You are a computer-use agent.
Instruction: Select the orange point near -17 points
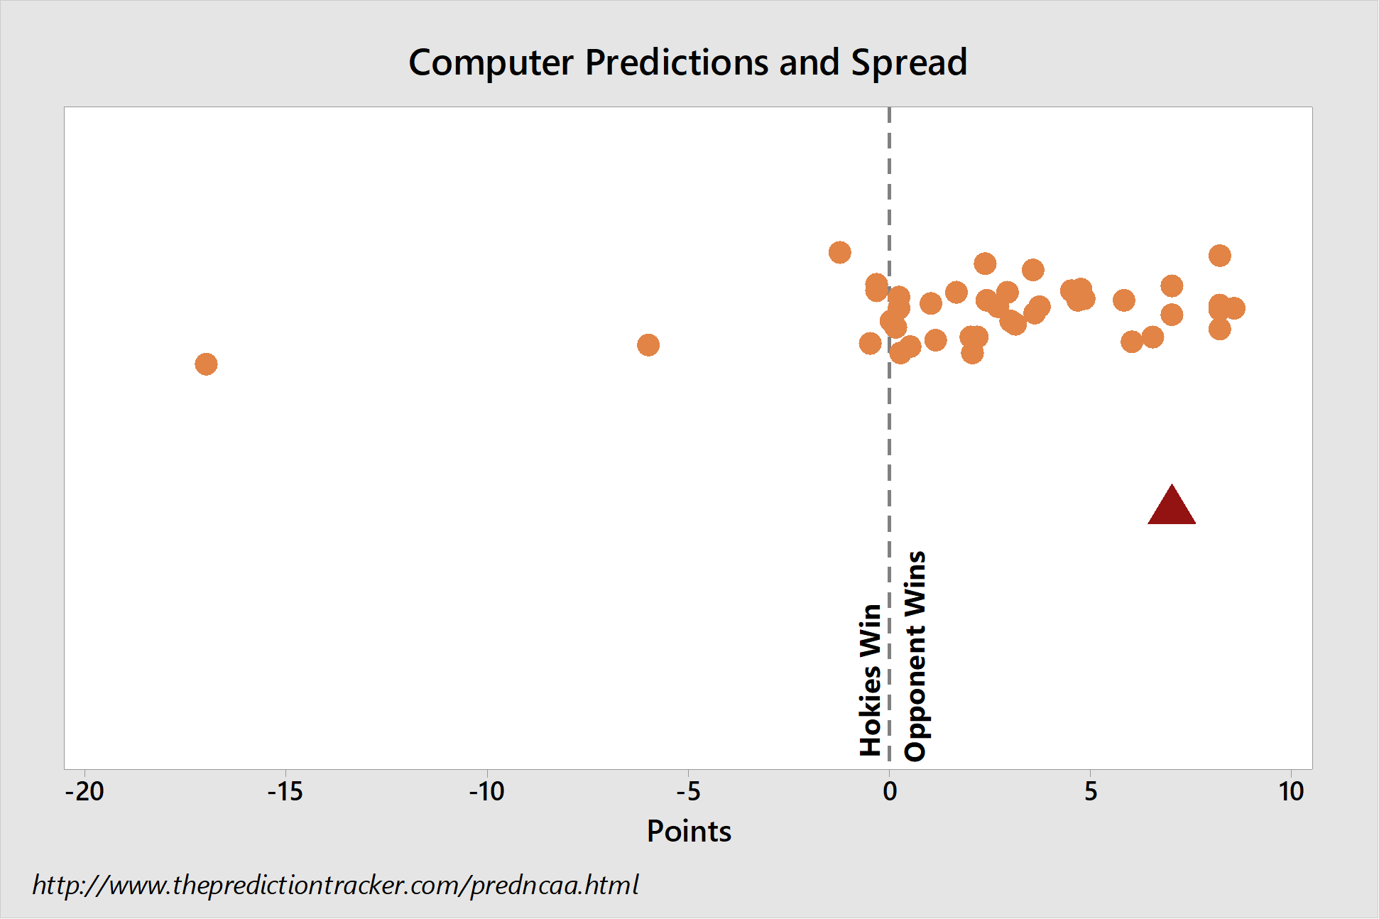(x=206, y=364)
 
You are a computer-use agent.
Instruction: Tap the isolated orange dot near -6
(x=648, y=345)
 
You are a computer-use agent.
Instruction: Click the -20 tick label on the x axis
(x=85, y=791)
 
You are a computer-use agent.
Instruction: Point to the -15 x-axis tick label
(x=285, y=791)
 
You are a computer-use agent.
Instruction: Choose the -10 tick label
(x=487, y=791)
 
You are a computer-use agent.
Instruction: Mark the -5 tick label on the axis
(x=688, y=791)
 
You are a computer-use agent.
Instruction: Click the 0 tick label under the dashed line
(x=890, y=791)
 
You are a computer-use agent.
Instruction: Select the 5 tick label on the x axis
(x=1091, y=791)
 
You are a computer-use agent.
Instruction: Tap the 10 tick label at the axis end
(x=1292, y=791)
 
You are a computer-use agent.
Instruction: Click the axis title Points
(x=689, y=831)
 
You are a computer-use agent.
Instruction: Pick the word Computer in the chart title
(x=491, y=63)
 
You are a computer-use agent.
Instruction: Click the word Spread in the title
(x=909, y=63)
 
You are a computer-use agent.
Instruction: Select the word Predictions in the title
(x=677, y=62)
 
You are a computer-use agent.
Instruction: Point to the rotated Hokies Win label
(x=871, y=680)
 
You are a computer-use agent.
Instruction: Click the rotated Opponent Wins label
(x=915, y=656)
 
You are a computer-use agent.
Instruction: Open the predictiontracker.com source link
(x=336, y=885)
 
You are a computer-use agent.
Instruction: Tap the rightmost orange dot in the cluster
(x=1234, y=308)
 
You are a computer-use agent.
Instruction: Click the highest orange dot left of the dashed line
(x=840, y=252)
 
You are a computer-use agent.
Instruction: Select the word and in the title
(x=810, y=62)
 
